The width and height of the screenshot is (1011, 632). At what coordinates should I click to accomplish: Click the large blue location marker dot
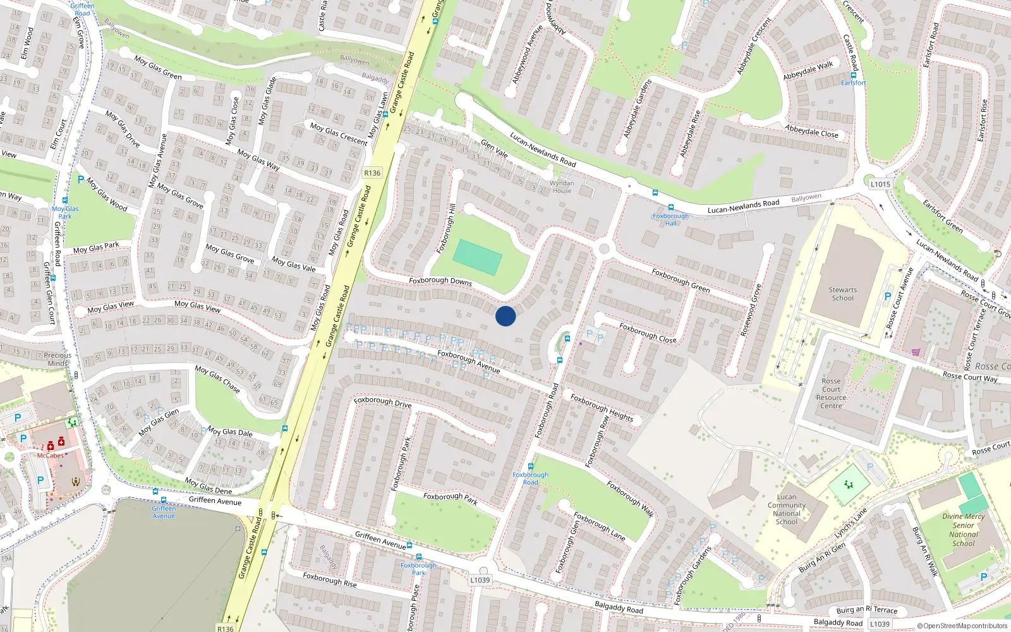coord(505,315)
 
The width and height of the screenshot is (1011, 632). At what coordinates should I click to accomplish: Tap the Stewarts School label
coord(843,294)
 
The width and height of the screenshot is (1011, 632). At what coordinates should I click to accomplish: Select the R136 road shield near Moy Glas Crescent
coord(372,173)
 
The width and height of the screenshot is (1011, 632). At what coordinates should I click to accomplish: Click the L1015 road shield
coord(880,184)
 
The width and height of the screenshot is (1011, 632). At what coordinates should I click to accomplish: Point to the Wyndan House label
coord(562,186)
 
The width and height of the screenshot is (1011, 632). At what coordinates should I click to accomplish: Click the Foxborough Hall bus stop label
coord(670,219)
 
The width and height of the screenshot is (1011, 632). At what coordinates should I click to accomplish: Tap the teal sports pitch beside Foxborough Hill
coord(478,257)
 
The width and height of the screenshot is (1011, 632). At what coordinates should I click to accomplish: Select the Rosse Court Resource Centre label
coord(831,393)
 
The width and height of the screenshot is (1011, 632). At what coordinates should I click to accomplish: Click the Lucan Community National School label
coord(787,509)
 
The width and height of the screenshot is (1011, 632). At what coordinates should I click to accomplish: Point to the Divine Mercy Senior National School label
coord(963,530)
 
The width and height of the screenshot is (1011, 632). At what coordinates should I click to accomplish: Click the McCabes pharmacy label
coord(50,455)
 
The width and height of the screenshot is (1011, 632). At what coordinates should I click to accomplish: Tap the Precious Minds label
coord(58,359)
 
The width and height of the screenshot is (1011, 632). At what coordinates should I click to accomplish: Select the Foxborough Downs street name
coord(440,281)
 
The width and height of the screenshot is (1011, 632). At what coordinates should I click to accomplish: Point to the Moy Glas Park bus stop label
coord(65,212)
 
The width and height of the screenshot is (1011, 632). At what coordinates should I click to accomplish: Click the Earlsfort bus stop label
coord(853,83)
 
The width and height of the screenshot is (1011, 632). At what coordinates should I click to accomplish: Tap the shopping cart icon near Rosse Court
coord(916,352)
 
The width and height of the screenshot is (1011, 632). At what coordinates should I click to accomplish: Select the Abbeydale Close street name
coord(811,131)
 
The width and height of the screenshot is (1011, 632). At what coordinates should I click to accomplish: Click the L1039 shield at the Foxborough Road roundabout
coord(480,580)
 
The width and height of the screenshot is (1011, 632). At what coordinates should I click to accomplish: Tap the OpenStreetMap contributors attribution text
coord(962,626)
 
